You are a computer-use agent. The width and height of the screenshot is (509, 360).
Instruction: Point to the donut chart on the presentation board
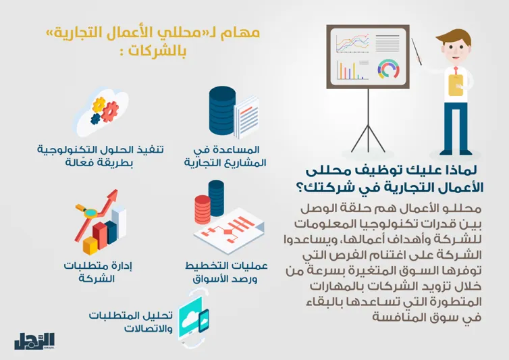click(x=387, y=70)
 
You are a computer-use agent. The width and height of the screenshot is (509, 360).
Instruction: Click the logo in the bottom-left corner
click(x=34, y=341)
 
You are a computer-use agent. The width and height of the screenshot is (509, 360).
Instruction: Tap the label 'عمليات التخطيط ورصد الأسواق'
click(x=226, y=272)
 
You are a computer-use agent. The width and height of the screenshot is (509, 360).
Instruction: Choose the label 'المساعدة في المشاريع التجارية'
click(x=225, y=156)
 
